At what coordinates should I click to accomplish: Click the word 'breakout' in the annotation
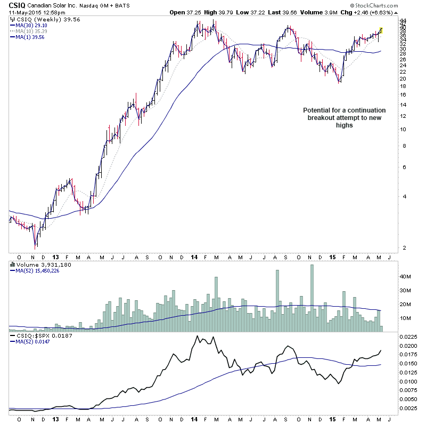pos(324,118)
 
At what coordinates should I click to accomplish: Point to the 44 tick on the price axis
pos(404,20)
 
